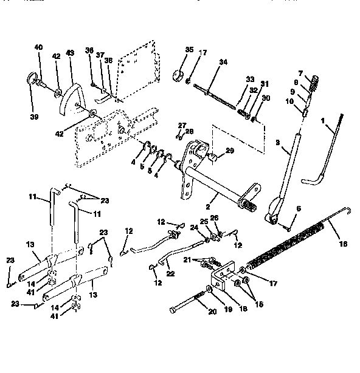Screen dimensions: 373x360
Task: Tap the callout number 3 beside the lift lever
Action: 276,142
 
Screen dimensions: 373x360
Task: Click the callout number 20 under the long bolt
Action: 212,313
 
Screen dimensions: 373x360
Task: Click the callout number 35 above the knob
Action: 189,49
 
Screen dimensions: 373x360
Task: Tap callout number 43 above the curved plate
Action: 69,53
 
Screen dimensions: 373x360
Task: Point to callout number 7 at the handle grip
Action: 317,72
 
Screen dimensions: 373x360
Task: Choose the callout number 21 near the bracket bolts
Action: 189,260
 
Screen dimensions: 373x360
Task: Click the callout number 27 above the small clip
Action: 181,125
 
